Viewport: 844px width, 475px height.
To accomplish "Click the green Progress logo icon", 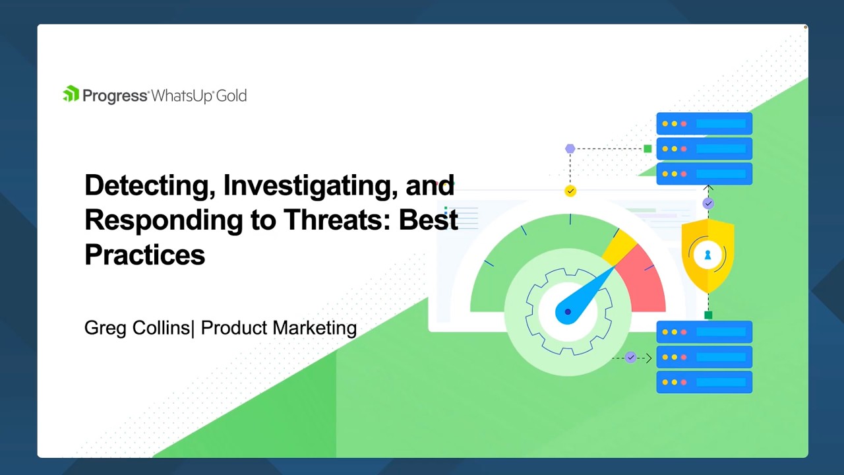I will point(71,94).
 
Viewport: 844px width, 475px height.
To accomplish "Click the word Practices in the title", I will point(144,255).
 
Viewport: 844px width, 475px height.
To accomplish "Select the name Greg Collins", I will point(136,328).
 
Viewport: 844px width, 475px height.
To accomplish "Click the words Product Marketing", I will point(278,328).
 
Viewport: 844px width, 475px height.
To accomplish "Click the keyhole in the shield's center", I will point(708,255).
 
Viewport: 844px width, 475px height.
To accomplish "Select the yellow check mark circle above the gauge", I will point(570,191).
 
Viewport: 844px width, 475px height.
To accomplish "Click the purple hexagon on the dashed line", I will point(570,149).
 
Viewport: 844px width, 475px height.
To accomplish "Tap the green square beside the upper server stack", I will point(648,149).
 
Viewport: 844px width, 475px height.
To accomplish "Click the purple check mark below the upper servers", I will point(708,204).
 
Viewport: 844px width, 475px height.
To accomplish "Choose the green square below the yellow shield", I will point(708,315).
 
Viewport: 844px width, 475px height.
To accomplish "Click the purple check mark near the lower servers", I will point(631,358).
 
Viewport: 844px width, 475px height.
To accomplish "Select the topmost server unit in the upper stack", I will point(704,124).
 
